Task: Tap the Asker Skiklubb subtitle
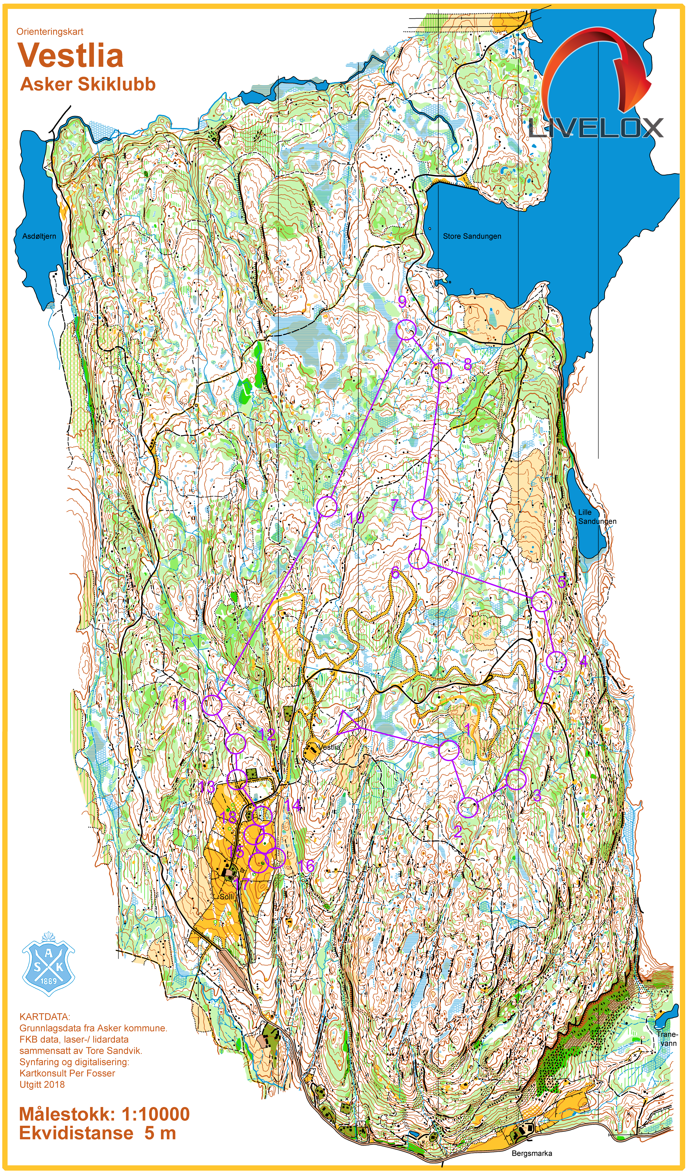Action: (x=87, y=84)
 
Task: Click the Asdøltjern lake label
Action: (x=39, y=236)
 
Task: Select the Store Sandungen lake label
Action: (x=472, y=236)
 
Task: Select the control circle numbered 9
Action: (x=406, y=330)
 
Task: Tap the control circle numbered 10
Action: (x=327, y=507)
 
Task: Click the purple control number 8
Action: (x=468, y=364)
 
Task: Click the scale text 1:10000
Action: (x=155, y=1114)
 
